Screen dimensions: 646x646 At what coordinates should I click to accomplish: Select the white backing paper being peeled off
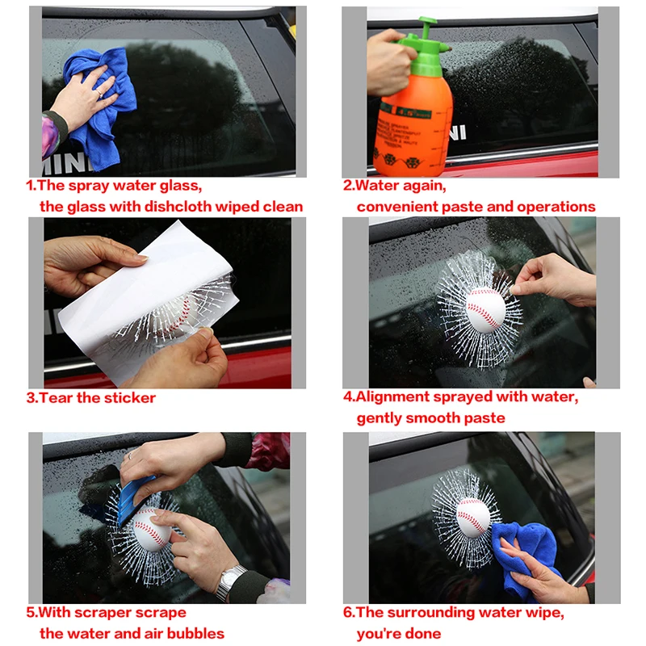[x=145, y=305]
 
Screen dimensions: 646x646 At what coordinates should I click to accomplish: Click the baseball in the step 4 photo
[x=486, y=310]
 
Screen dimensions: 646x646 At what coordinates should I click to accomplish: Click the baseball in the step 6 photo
[x=473, y=518]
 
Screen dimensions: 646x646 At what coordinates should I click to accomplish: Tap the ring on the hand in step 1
[x=99, y=94]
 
